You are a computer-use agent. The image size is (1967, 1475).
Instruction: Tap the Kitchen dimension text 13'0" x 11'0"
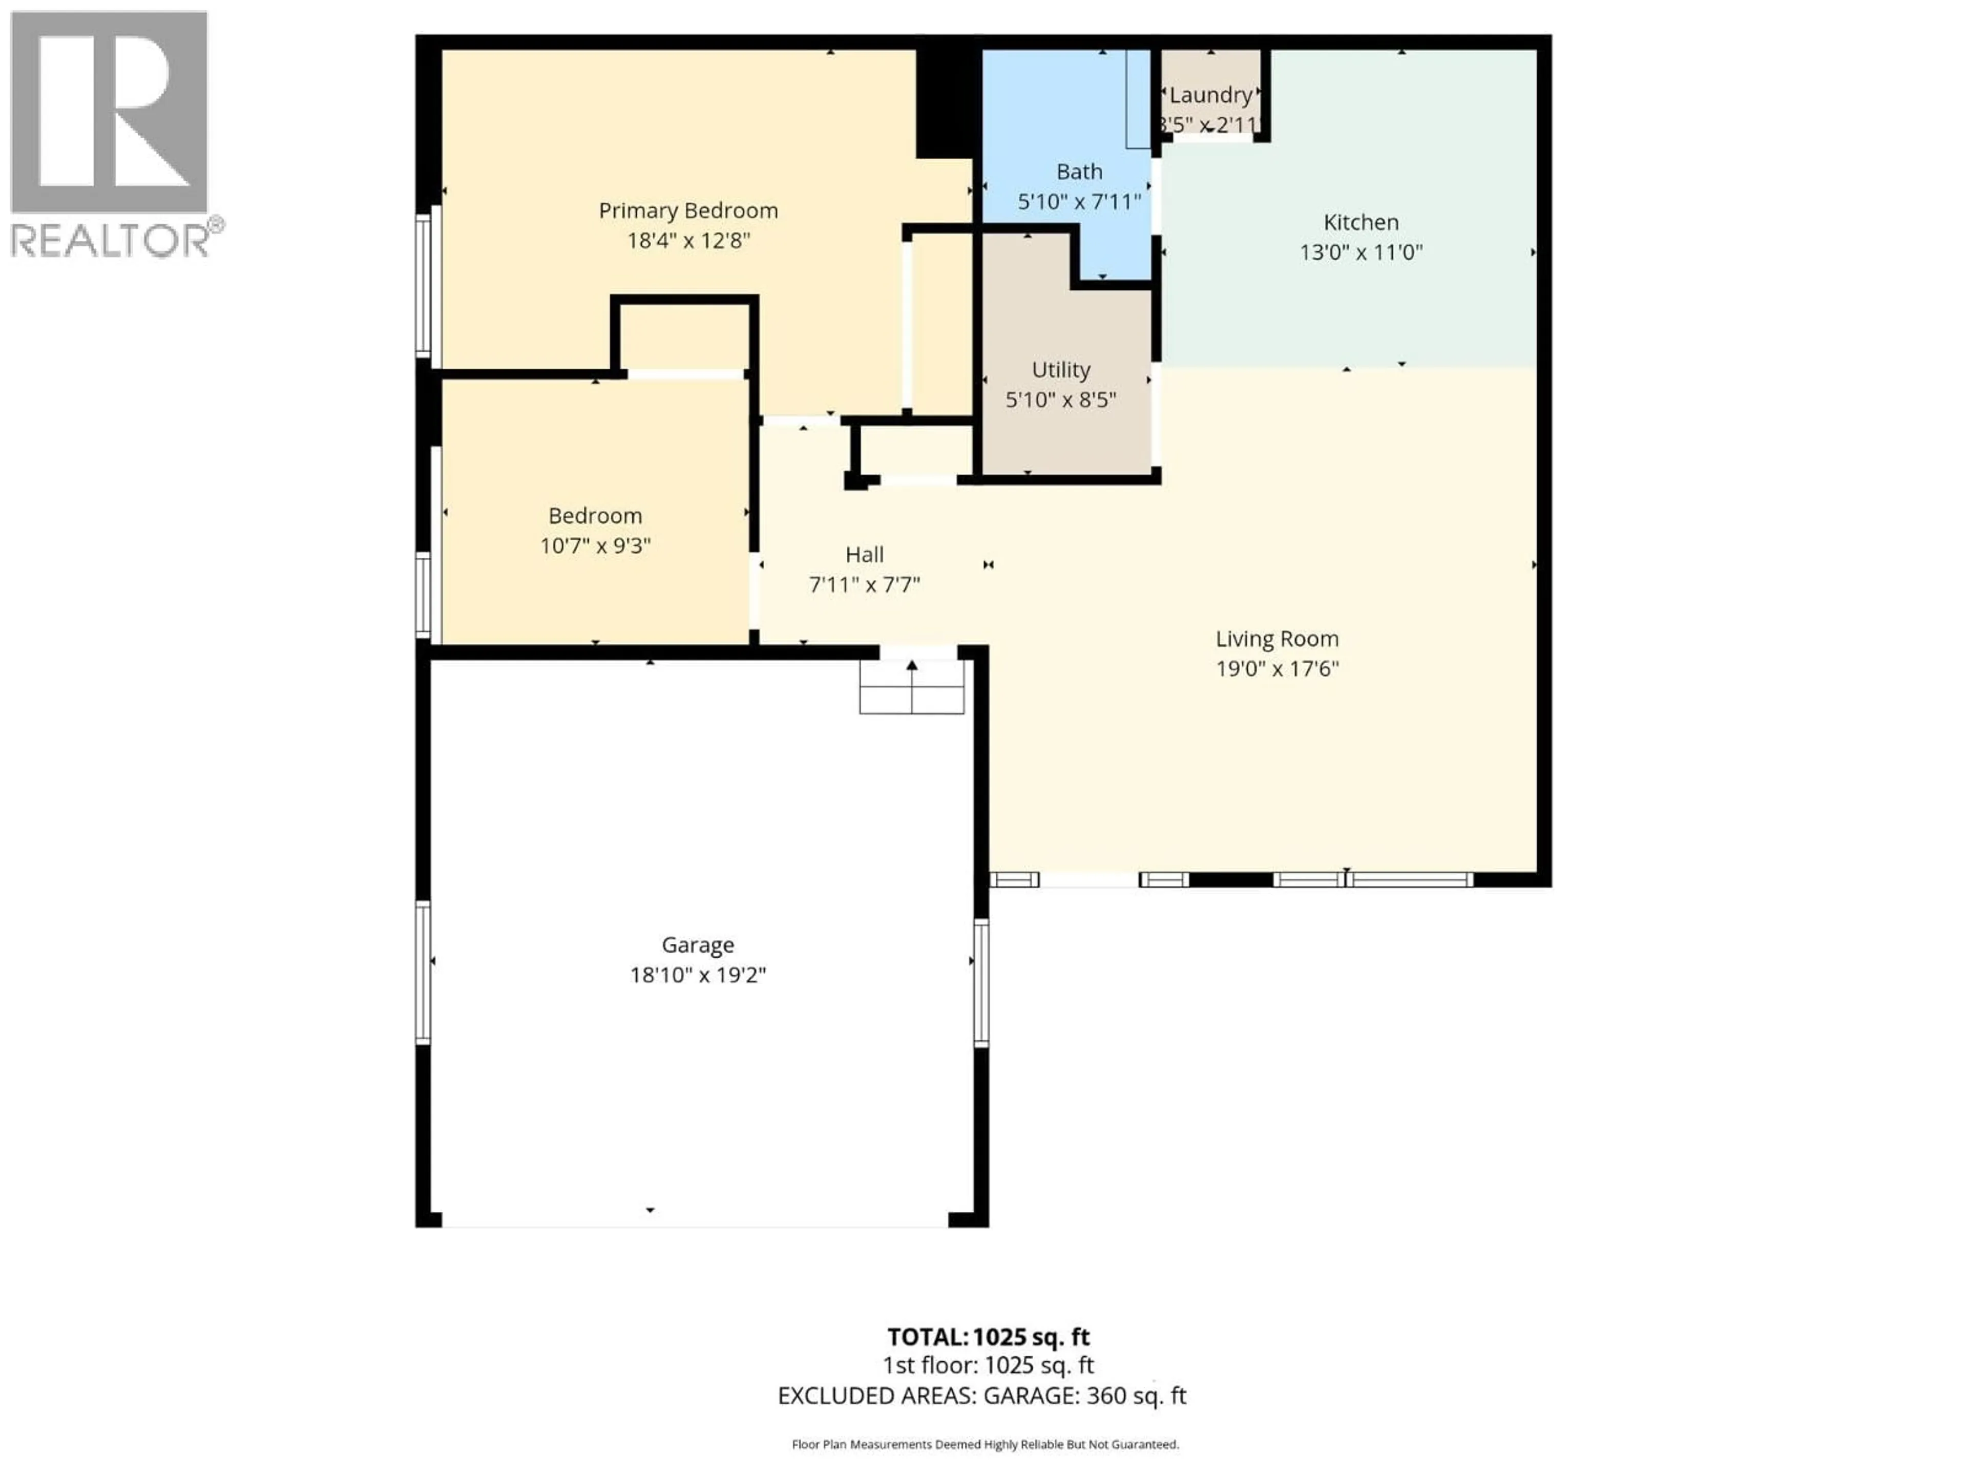[1361, 252]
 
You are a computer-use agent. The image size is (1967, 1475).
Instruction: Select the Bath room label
[1079, 172]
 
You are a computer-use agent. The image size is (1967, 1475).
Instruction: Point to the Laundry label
[1210, 95]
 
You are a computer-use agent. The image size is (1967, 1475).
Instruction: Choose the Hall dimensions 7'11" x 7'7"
[864, 585]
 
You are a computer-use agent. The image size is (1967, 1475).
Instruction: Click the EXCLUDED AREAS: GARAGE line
[982, 1396]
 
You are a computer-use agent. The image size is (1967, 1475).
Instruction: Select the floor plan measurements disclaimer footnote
[985, 1445]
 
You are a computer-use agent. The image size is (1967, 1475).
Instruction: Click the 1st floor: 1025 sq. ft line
[988, 1365]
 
